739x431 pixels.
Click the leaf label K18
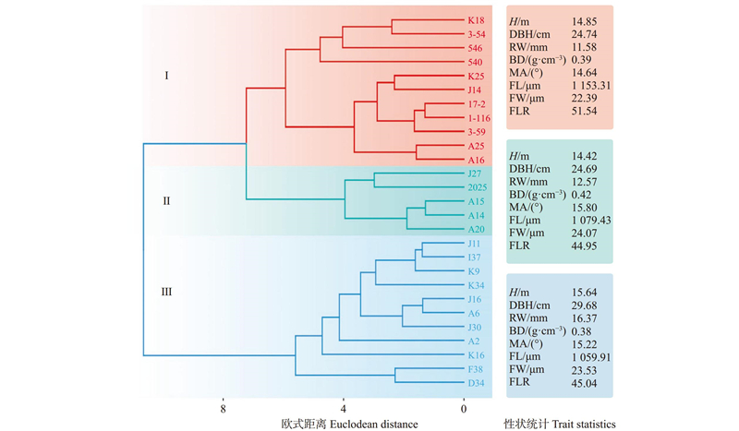pyautogui.click(x=477, y=19)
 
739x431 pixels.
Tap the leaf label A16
pyautogui.click(x=477, y=160)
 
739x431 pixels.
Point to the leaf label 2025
pyautogui.click(x=479, y=187)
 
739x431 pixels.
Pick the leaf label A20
pyautogui.click(x=477, y=230)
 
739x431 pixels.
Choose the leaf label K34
pyautogui.click(x=477, y=285)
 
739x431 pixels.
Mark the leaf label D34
pyautogui.click(x=477, y=383)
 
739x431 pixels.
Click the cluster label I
pyautogui.click(x=165, y=75)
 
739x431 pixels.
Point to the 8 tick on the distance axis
pyautogui.click(x=223, y=406)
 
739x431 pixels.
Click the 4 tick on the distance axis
pyautogui.click(x=344, y=406)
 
